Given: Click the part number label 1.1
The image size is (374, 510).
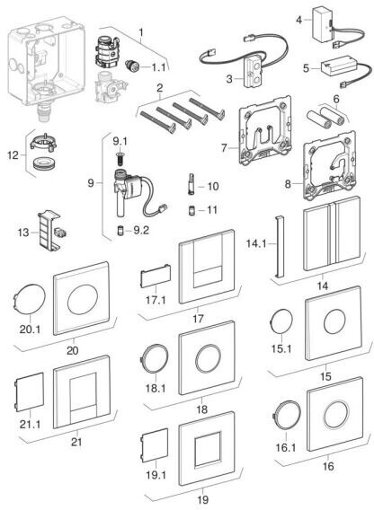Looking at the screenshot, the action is tap(158, 67).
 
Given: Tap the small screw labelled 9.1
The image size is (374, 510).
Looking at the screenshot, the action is tap(120, 158).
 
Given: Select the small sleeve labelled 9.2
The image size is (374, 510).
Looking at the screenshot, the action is tap(120, 231).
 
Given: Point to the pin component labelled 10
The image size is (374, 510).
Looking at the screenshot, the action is tap(191, 184).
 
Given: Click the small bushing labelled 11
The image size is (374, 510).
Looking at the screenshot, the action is tap(191, 210).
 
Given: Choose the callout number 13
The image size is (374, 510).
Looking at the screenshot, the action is tap(23, 233).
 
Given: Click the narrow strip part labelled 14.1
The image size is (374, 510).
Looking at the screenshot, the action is tap(280, 246).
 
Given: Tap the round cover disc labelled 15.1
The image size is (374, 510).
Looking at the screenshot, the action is tap(281, 321).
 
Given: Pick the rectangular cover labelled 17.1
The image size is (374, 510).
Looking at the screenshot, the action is tap(156, 276).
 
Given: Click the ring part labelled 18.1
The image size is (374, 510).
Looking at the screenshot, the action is tap(155, 358).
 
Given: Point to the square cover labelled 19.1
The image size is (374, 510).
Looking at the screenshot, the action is tap(154, 445).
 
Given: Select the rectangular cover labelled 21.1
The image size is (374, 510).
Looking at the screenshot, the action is tap(29, 392).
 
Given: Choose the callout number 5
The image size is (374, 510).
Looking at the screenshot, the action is tap(306, 68).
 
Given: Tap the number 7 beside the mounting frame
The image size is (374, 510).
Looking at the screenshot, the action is tap(224, 148).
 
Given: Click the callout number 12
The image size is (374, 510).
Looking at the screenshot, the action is tap(13, 155).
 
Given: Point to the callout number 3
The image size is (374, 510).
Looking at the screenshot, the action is tap(229, 79).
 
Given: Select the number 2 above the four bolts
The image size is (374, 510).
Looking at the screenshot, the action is tap(160, 89).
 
